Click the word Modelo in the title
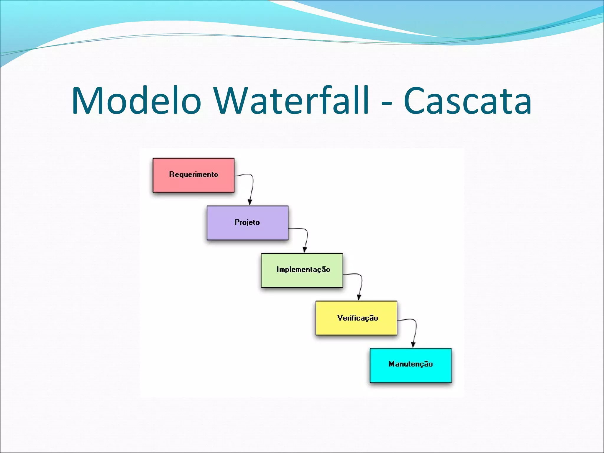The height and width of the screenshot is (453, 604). coord(136,101)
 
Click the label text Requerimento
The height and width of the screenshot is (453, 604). coord(193,175)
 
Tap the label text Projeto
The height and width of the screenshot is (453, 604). coord(247,222)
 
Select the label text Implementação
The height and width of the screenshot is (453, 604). coord(303,270)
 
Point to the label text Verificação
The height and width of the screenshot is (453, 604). coord(357,318)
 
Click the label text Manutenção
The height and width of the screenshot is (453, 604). coord(411,364)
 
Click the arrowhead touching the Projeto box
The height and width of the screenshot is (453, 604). coord(250,202)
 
